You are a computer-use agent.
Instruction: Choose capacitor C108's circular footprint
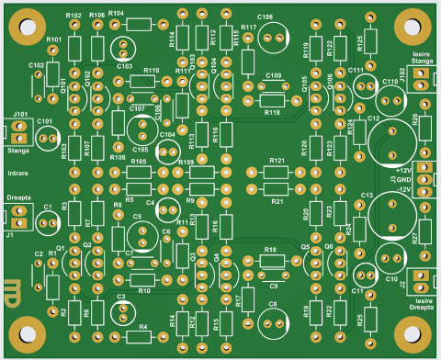[x=274, y=36]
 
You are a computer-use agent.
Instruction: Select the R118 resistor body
[x=272, y=100]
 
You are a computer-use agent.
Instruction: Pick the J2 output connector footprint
[x=420, y=281]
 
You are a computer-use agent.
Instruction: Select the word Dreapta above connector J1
[x=18, y=197]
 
